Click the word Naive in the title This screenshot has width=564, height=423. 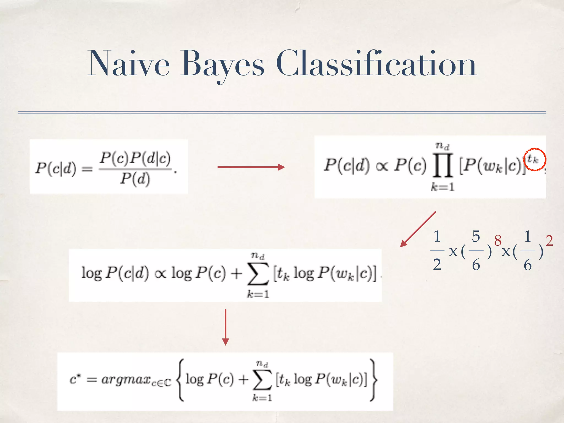click(128, 64)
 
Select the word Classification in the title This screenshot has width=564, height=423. click(376, 64)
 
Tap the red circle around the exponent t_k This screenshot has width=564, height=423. click(534, 160)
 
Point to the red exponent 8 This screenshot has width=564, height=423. click(498, 240)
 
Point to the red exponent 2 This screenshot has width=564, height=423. click(549, 240)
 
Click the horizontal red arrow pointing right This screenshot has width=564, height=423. click(251, 167)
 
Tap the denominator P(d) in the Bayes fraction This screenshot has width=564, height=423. click(135, 179)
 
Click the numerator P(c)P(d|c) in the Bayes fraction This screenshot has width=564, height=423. click(135, 158)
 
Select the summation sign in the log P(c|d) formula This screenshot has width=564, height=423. click(258, 274)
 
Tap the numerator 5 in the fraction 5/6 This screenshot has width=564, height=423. click(476, 236)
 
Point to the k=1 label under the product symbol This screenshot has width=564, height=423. click(443, 187)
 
